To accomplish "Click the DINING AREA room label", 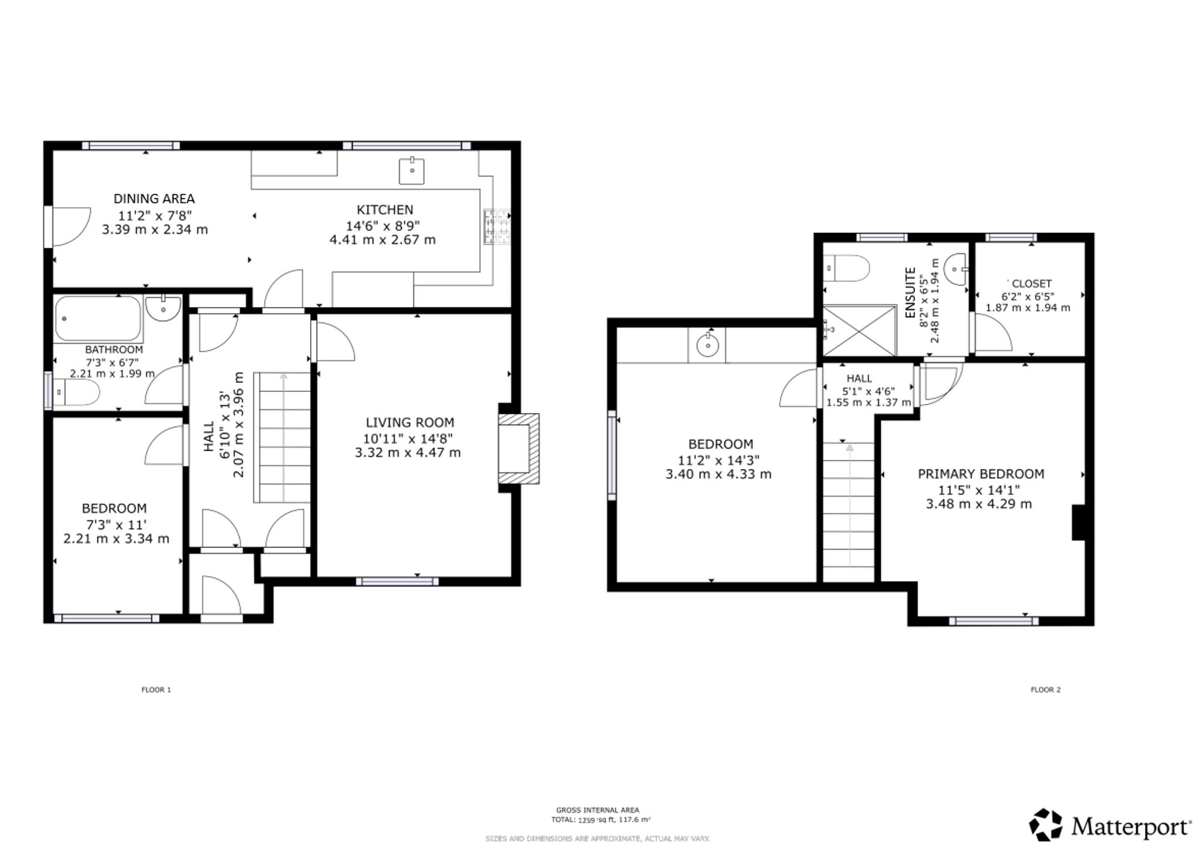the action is (x=154, y=199).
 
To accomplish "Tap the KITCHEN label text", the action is (x=385, y=209).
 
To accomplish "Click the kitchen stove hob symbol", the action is (x=497, y=227).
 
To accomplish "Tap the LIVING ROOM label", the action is (x=410, y=423).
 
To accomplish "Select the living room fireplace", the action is (x=518, y=448).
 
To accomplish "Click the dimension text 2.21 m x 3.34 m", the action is (x=116, y=539).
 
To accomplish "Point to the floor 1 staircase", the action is (x=282, y=438).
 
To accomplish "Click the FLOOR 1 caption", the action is (x=157, y=690).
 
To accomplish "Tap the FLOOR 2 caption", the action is (x=1046, y=690).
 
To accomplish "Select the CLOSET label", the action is (x=1032, y=284).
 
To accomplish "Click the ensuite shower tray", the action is (x=860, y=330).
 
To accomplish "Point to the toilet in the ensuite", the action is (x=846, y=268).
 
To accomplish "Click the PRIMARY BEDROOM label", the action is (x=981, y=474).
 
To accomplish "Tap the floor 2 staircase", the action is (x=849, y=512).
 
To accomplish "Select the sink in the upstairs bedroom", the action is (x=707, y=346).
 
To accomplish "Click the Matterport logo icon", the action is (x=1046, y=825).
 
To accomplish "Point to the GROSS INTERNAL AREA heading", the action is (x=598, y=810).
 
